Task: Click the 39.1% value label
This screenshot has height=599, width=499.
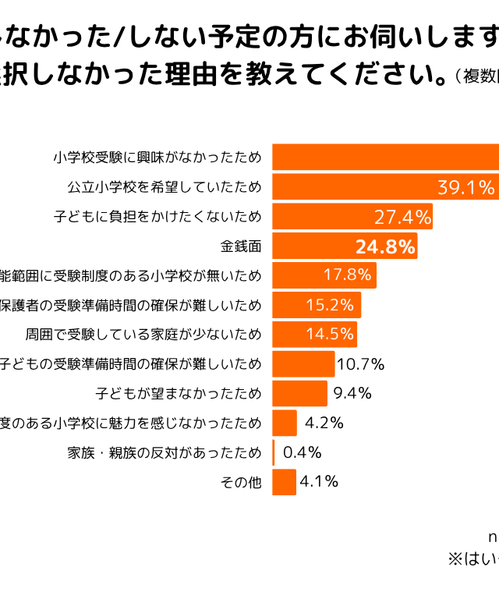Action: point(465,187)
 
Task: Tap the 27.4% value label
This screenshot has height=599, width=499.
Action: point(402,216)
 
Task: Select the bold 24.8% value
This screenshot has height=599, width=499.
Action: point(384,246)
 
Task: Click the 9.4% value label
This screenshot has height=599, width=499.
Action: point(352,393)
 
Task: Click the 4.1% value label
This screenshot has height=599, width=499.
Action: point(319,481)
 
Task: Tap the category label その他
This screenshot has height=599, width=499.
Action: point(240,482)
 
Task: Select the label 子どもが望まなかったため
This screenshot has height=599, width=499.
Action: point(178,393)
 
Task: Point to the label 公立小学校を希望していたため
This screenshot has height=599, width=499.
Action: point(165,187)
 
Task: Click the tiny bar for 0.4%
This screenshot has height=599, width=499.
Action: point(274,452)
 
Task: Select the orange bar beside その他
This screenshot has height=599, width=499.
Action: point(284,482)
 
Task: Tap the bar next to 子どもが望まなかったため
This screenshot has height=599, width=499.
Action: point(299,393)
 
